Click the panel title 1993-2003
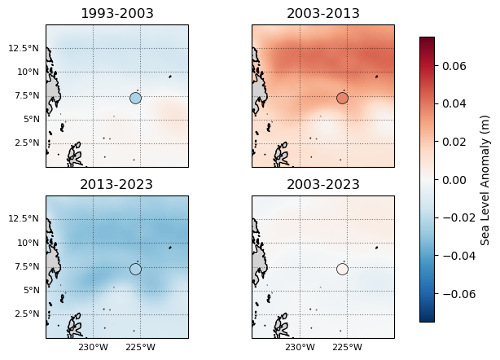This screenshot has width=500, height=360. tap(116, 13)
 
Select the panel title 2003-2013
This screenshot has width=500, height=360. tap(323, 13)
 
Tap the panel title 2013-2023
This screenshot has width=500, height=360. tap(116, 184)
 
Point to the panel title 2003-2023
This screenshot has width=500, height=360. tap(323, 184)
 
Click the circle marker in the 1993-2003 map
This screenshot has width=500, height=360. tap(135, 99)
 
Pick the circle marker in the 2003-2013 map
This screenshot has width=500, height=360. tap(342, 99)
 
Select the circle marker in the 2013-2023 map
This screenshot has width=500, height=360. tap(135, 270)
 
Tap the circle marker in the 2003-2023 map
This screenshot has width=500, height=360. tap(342, 270)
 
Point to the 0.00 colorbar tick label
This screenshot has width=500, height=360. tap(454, 179)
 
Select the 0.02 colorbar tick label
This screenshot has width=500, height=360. tap(454, 142)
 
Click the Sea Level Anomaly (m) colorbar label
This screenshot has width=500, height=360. tap(485, 179)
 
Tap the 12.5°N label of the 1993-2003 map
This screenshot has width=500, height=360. tap(24, 48)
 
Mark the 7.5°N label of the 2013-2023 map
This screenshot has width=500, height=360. tap(27, 266)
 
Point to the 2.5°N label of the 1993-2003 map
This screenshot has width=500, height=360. tap(27, 143)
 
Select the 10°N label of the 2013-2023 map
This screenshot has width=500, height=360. tap(29, 243)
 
